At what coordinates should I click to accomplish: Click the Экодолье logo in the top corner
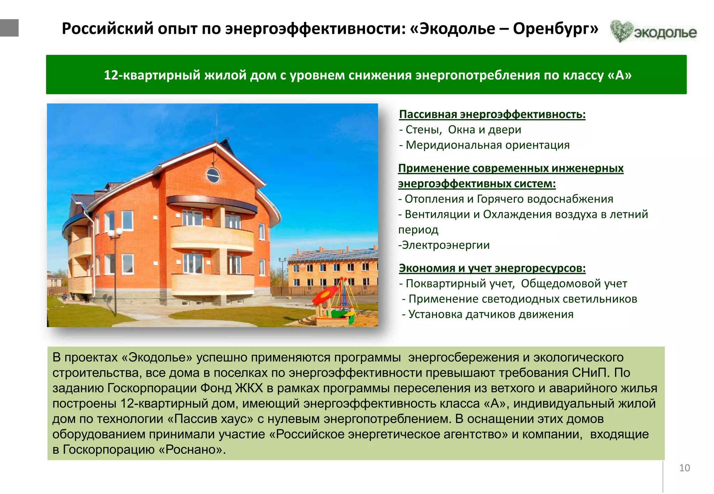[653, 31]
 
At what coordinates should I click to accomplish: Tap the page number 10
[684, 468]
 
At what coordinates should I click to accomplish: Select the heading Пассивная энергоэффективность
[492, 114]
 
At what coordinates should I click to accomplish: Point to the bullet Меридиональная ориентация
[487, 145]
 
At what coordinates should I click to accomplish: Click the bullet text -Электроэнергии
[444, 245]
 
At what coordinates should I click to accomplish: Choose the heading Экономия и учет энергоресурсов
[492, 268]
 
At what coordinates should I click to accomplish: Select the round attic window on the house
[213, 175]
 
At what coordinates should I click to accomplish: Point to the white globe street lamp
[115, 233]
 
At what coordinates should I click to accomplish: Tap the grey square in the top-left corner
[9, 28]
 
